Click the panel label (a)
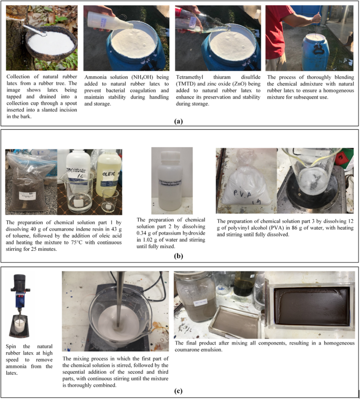click(x=179, y=121)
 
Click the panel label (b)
click(x=179, y=258)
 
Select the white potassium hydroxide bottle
click(x=171, y=181)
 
